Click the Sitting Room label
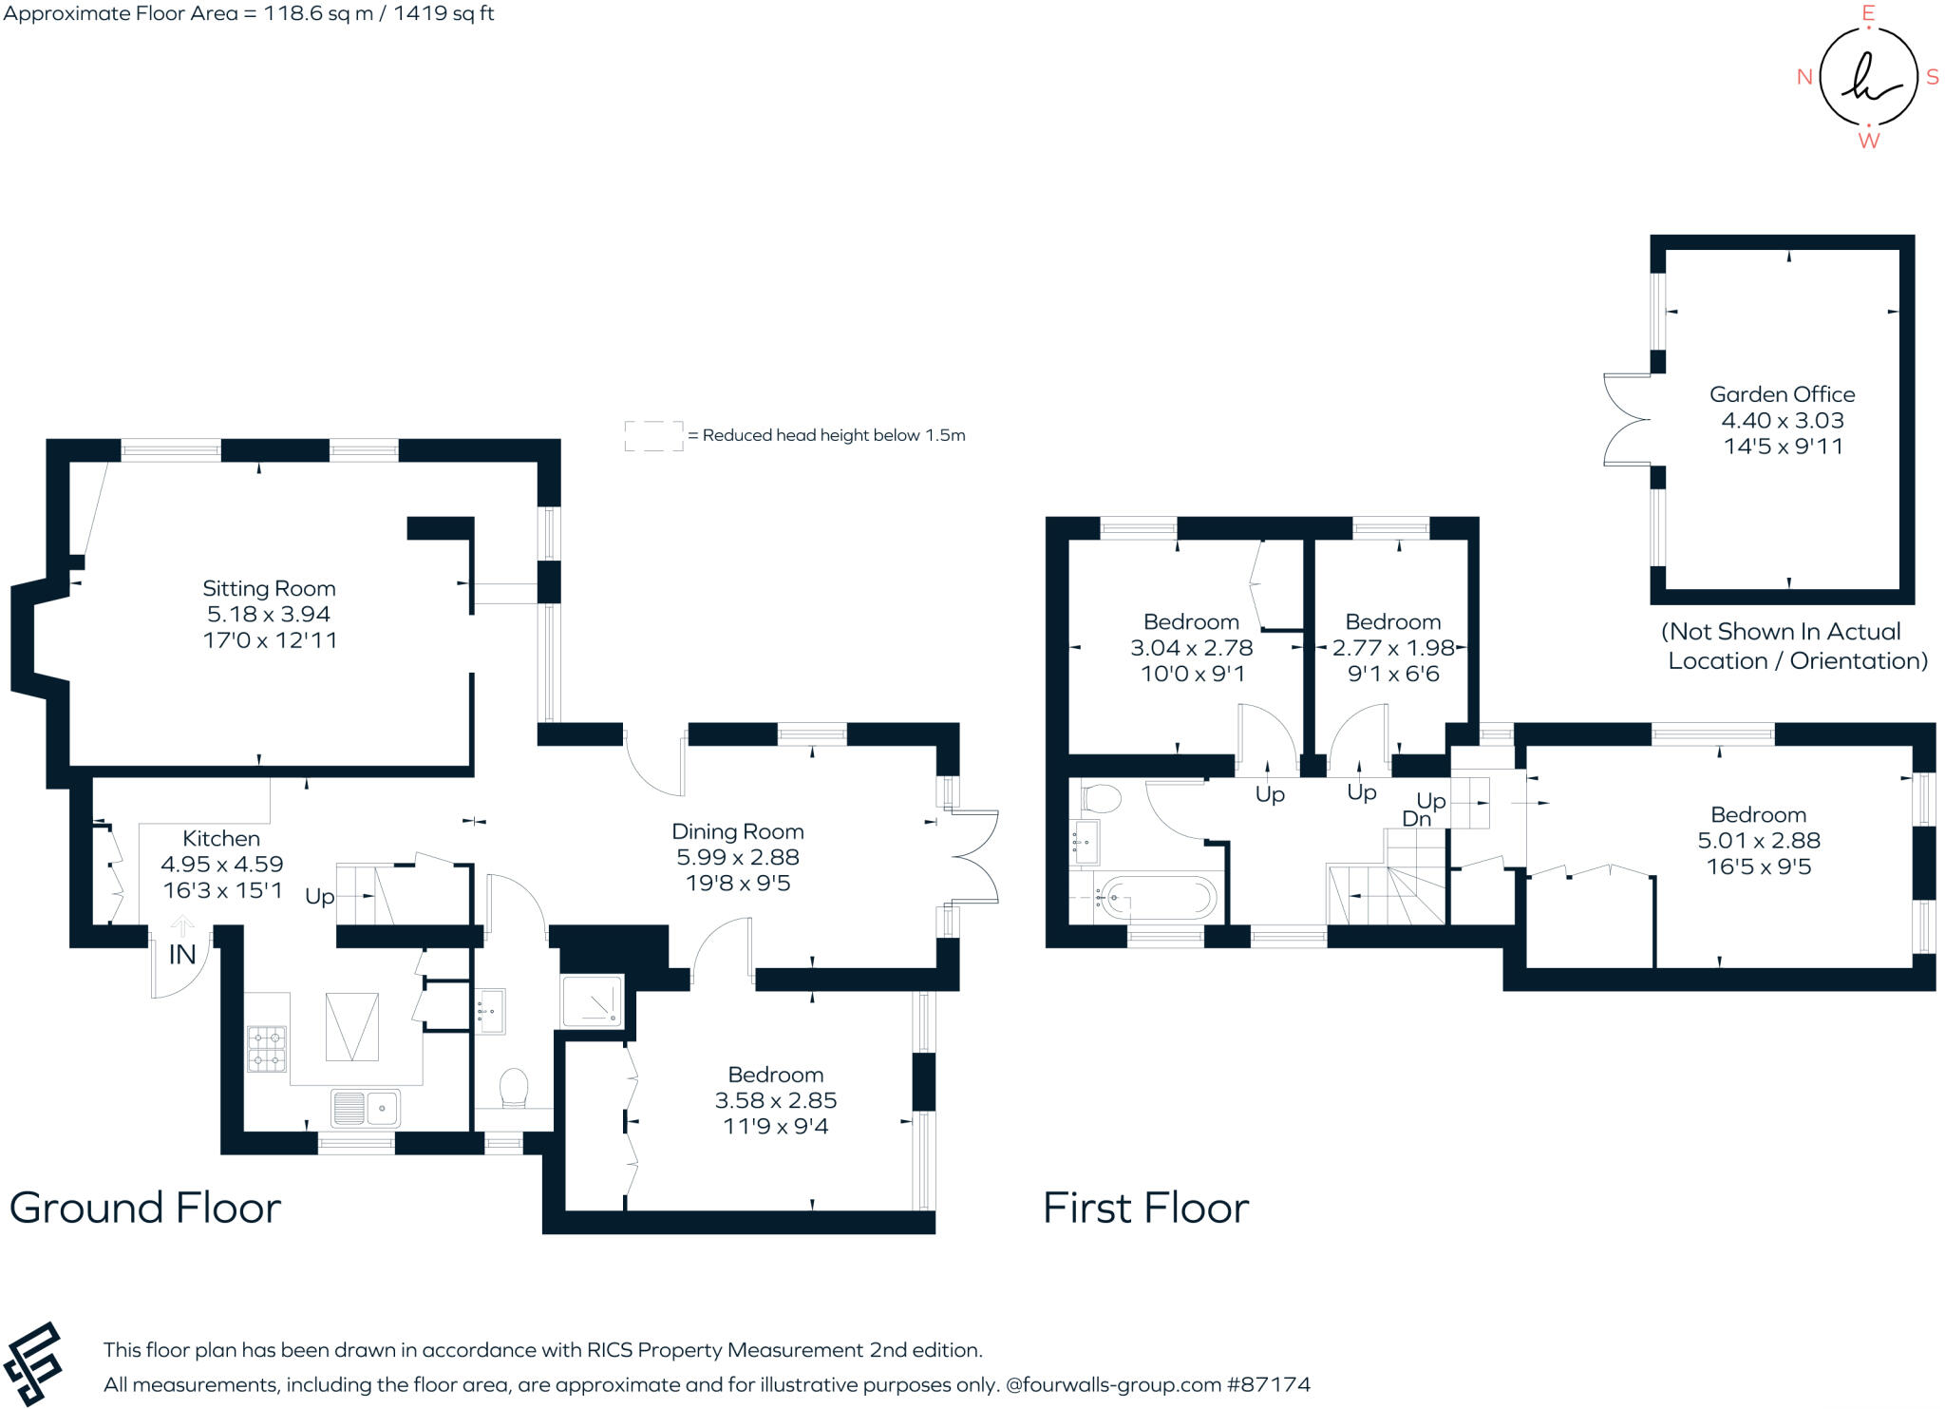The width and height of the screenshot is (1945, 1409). click(269, 588)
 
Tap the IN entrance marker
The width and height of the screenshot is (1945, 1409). click(182, 954)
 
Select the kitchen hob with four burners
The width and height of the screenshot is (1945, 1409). click(267, 1048)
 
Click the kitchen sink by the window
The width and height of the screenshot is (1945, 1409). click(366, 1108)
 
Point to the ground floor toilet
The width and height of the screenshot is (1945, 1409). click(514, 1088)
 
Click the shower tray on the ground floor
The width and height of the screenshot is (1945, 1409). click(593, 1001)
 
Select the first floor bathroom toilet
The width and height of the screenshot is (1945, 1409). click(1102, 798)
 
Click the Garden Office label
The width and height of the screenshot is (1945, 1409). click(1782, 394)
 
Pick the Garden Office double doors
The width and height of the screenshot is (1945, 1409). click(1626, 419)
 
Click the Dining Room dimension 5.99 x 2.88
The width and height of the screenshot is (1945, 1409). click(738, 857)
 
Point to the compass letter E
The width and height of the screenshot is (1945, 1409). click(1868, 13)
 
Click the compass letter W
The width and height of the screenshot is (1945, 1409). click(1868, 141)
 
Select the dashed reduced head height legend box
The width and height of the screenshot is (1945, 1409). click(653, 436)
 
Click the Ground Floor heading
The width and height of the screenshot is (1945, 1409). click(145, 1208)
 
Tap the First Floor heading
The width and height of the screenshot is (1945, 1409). click(1145, 1208)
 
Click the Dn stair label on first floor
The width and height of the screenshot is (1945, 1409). click(1416, 819)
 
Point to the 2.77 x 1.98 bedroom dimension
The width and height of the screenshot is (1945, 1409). click(1393, 648)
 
